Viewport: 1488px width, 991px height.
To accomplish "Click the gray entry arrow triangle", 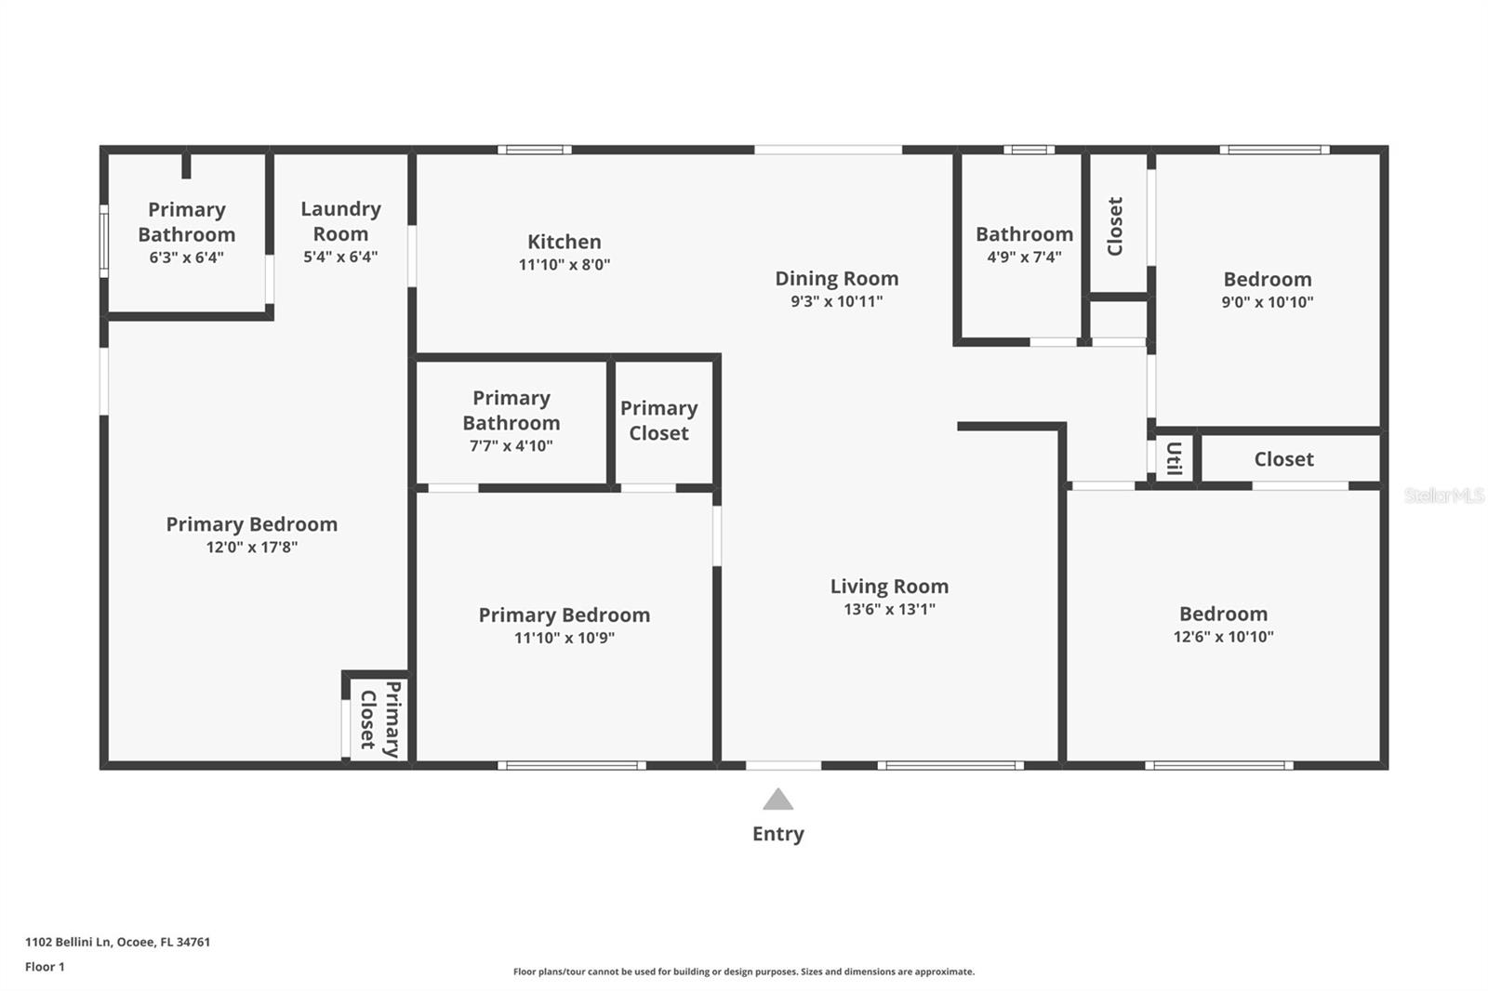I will coord(777,800).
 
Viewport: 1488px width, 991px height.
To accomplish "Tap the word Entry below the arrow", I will coord(777,834).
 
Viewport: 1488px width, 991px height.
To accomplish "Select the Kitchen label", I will coord(564,242).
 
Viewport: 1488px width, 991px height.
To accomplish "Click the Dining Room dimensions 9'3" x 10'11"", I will coord(836,301).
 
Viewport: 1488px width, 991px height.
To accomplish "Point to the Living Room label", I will coord(889,587).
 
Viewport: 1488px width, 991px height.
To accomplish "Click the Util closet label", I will coord(1174,458).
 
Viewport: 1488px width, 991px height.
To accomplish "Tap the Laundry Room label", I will coord(340,221).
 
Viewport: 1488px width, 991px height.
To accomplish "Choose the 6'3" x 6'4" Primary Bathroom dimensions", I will coord(186,258).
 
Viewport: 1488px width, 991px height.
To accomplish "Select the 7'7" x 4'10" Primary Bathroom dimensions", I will coord(511,446).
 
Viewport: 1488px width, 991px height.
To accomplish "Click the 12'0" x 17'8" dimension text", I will coord(251,548).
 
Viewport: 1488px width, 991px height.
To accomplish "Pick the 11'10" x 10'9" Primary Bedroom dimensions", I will coord(564,638).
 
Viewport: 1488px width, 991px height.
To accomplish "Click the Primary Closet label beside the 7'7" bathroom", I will coord(658,420).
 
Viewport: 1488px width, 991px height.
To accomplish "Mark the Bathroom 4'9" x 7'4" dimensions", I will coord(1024,258).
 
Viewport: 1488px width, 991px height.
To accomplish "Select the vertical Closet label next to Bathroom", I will coord(1115,226).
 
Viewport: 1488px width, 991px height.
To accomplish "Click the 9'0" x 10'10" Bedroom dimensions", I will coord(1267,302).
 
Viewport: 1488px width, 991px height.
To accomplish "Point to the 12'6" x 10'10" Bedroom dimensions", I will coord(1223,637).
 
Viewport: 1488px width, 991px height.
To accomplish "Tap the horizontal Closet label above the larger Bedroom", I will coord(1283,459).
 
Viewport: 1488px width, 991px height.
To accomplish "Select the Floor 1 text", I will coord(45,967).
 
